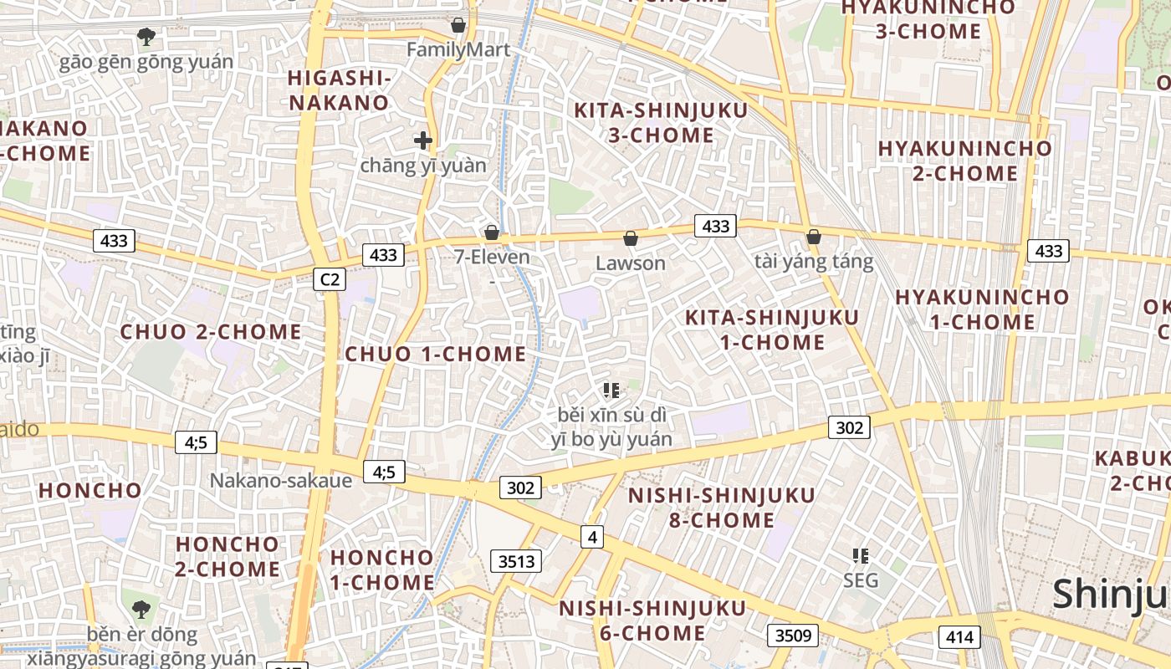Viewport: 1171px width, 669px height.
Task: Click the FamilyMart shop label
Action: click(x=458, y=49)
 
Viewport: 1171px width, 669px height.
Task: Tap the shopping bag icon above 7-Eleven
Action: click(x=492, y=232)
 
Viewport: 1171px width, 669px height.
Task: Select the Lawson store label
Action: click(x=631, y=263)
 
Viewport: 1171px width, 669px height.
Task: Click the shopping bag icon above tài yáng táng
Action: click(x=814, y=237)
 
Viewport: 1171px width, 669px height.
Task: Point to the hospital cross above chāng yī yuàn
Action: click(x=423, y=140)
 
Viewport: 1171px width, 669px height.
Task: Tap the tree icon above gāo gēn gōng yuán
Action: click(x=146, y=37)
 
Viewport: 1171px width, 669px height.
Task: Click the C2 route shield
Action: click(x=330, y=279)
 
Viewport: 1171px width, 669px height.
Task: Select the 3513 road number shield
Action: click(x=516, y=561)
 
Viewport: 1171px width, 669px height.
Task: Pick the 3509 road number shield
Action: click(x=793, y=636)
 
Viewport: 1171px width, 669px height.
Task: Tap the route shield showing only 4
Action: click(x=592, y=537)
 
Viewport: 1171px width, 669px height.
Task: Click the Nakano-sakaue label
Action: click(x=280, y=480)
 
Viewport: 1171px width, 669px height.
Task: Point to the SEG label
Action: click(x=861, y=580)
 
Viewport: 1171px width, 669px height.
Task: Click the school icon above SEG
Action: click(x=861, y=555)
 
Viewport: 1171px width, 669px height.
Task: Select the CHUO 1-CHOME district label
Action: click(x=436, y=354)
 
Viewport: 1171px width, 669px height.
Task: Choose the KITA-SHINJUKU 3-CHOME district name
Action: click(x=660, y=122)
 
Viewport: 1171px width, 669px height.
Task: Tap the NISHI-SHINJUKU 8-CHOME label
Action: click(x=721, y=508)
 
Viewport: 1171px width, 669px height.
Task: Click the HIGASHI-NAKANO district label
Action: click(x=339, y=90)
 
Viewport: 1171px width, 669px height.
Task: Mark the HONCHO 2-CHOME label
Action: click(x=227, y=556)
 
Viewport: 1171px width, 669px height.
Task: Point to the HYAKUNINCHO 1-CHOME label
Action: click(x=982, y=309)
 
